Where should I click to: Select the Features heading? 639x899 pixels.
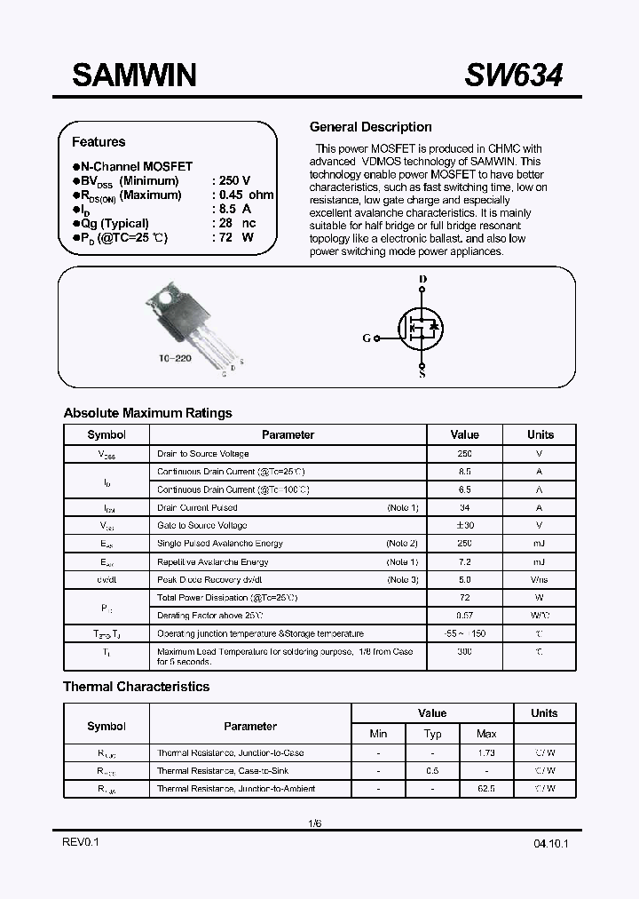point(99,142)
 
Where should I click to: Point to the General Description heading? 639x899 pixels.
point(370,127)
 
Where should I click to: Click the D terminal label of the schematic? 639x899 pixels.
point(422,279)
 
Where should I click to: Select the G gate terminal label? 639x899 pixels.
point(367,338)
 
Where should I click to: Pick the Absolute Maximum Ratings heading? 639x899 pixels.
point(147,413)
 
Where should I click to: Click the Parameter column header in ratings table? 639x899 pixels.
point(288,435)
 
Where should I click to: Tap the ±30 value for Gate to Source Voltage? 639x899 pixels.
point(464,526)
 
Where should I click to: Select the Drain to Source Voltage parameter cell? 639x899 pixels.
point(203,454)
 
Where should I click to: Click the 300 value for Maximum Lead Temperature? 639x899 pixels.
point(464,651)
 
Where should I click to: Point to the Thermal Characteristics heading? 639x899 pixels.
point(136,687)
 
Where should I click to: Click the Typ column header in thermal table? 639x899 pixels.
point(432,734)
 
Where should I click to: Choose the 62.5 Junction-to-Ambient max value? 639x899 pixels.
point(485,789)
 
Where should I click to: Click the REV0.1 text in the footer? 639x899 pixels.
point(81,842)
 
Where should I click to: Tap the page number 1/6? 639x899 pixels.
point(315,823)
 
